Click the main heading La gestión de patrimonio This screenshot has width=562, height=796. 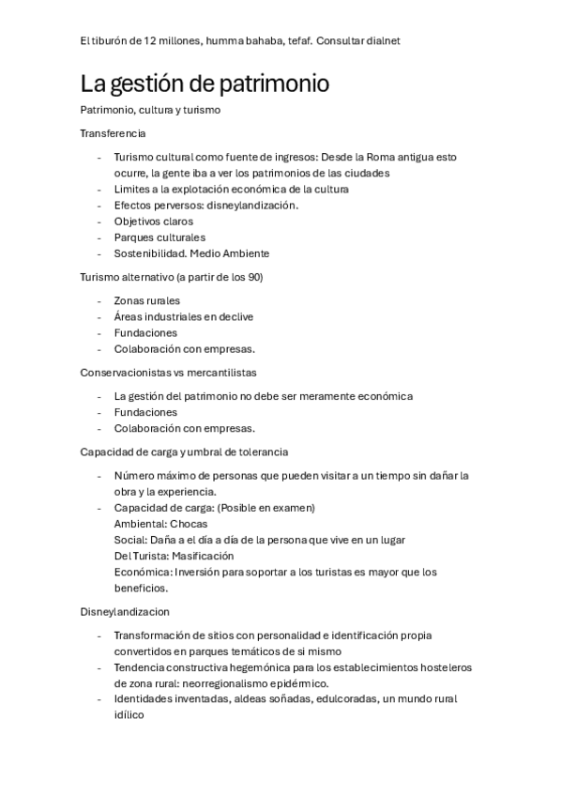click(205, 84)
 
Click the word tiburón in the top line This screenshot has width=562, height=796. click(111, 41)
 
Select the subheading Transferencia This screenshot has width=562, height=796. click(113, 133)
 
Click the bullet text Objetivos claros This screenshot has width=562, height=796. click(154, 222)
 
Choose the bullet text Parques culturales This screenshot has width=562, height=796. click(159, 237)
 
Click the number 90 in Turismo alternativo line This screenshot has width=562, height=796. click(255, 277)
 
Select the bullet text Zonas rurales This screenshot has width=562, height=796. click(146, 300)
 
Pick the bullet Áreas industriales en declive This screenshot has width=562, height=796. click(183, 316)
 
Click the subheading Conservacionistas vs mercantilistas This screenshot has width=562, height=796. click(168, 373)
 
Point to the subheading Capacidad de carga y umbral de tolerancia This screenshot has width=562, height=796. click(184, 452)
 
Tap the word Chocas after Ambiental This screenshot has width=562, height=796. click(189, 524)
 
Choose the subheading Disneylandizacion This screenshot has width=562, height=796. click(125, 611)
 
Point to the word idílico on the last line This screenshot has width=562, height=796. click(129, 715)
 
